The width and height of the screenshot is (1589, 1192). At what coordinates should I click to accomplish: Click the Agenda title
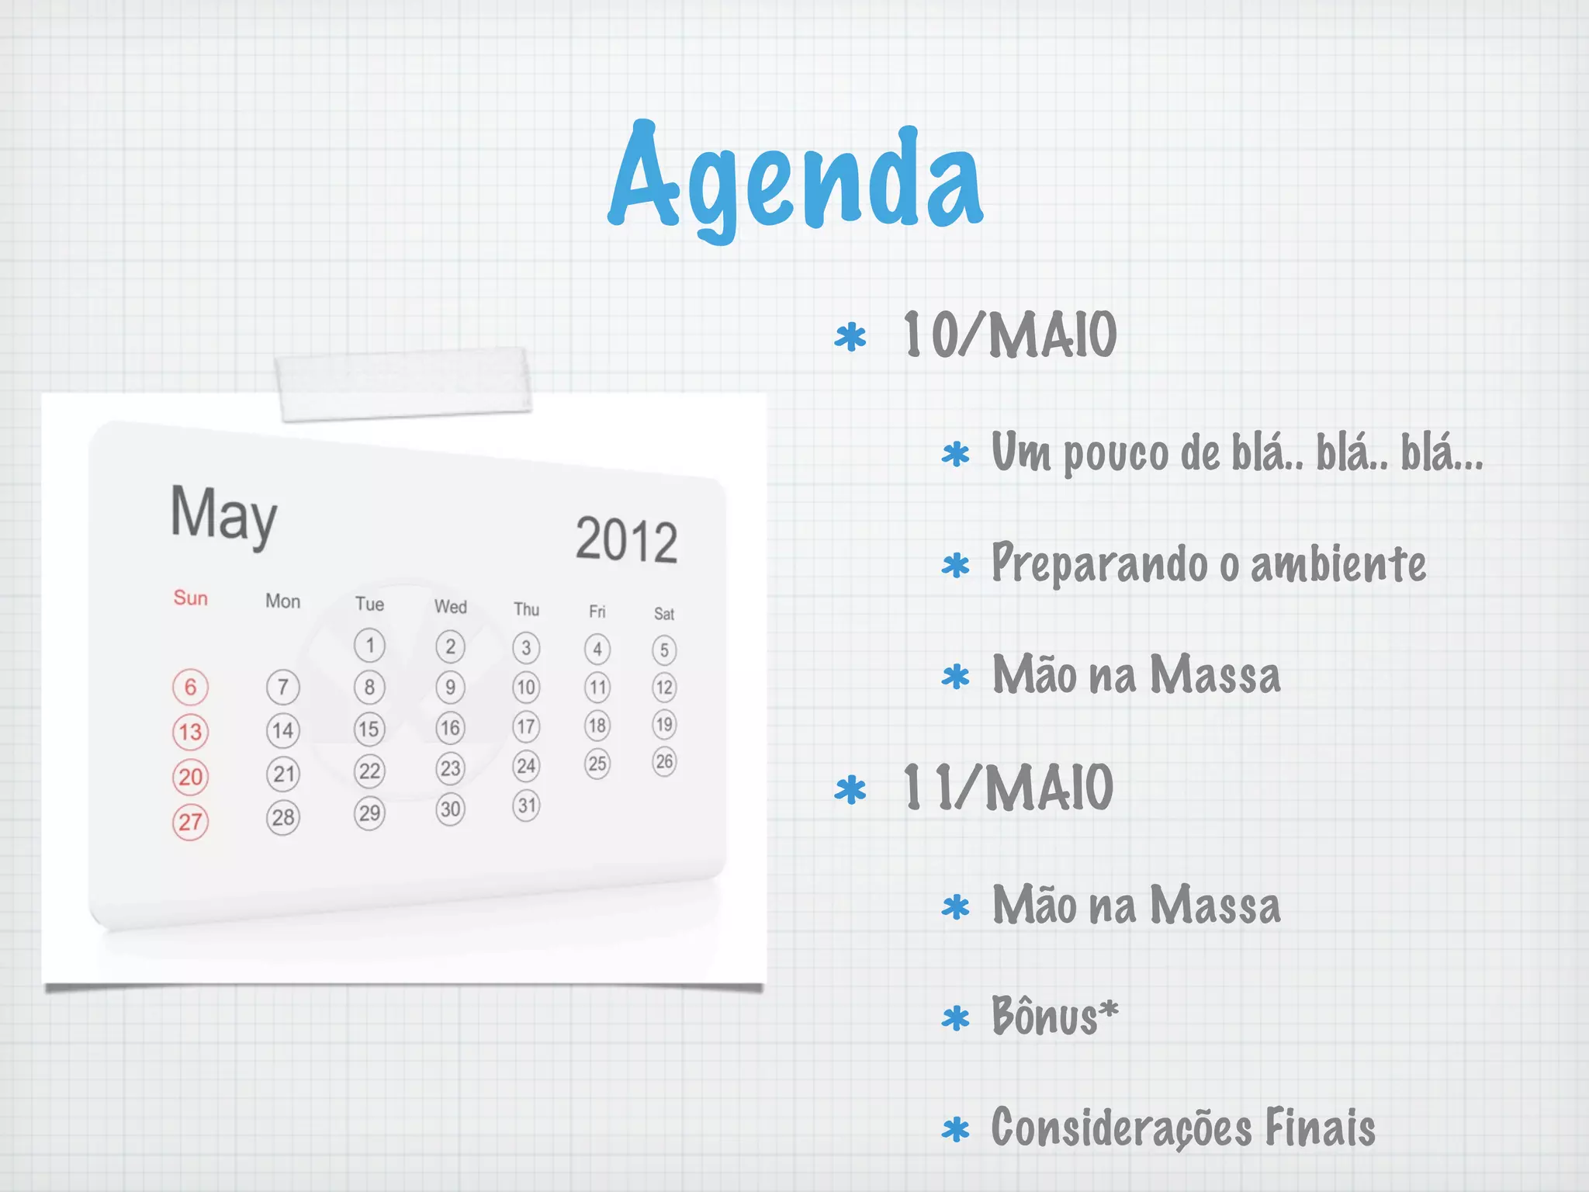(795, 180)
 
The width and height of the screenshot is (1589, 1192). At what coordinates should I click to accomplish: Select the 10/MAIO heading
(1009, 335)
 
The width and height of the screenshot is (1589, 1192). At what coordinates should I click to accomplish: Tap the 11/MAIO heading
(1008, 788)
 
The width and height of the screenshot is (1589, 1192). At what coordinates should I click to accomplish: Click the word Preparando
(1099, 563)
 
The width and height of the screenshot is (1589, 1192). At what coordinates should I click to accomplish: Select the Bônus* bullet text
(1054, 1016)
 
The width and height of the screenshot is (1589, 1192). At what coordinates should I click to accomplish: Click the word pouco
(1116, 453)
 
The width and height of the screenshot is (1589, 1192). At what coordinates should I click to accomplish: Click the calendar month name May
(223, 515)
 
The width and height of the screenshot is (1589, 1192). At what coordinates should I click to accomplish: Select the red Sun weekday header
(191, 598)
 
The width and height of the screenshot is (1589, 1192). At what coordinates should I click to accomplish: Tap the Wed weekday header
(450, 607)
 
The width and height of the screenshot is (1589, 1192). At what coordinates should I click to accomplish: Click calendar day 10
(526, 687)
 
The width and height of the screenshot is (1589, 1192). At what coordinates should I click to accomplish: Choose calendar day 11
(597, 687)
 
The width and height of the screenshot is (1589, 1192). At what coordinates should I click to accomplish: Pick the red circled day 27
(190, 822)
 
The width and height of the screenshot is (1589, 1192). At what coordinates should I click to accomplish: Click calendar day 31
(527, 806)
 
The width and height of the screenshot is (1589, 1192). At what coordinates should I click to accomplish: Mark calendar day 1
(369, 646)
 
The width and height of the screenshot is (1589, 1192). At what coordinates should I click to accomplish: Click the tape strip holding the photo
(403, 384)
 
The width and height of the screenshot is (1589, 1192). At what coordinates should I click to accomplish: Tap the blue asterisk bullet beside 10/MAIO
(850, 338)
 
